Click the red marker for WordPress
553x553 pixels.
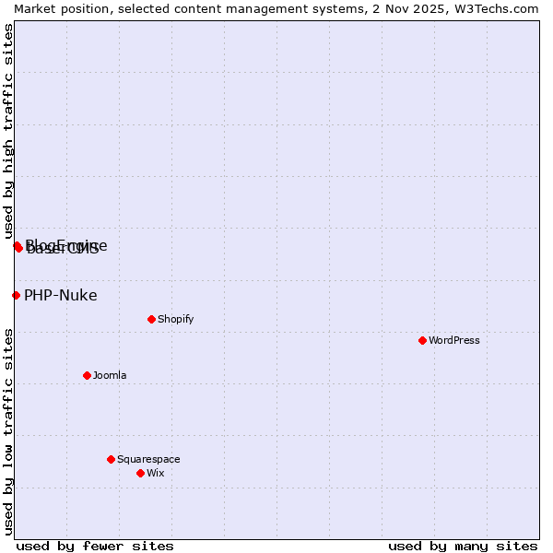(x=422, y=340)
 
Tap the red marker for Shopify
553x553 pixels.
(x=151, y=319)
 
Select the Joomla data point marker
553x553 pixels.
(x=87, y=375)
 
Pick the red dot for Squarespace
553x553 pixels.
(x=111, y=459)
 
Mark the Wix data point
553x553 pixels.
(x=140, y=473)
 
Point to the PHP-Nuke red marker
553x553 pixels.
(x=16, y=295)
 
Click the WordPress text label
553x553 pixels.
(x=454, y=340)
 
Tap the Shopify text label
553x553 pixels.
(x=175, y=319)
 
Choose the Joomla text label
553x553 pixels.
(x=110, y=375)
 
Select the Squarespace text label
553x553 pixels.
(x=148, y=459)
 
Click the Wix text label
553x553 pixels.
(x=155, y=473)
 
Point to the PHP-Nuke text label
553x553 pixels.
(x=60, y=296)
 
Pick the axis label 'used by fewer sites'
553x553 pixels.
(x=95, y=546)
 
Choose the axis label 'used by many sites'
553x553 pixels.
(x=463, y=546)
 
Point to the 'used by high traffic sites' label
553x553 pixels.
(x=8, y=131)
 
